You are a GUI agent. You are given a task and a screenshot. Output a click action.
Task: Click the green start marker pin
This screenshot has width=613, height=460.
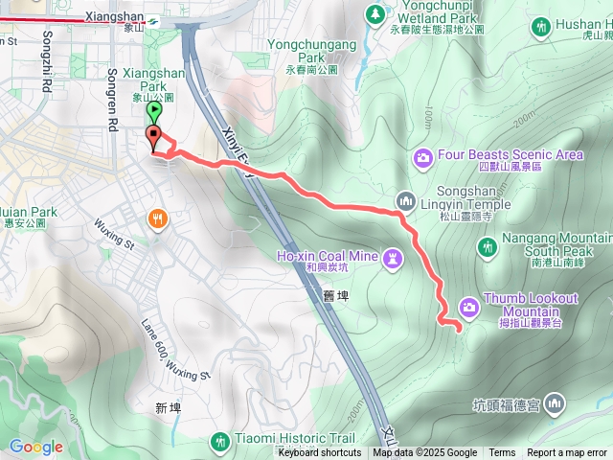[x=155, y=112]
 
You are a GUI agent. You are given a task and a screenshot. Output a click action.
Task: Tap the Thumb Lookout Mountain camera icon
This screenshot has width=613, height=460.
[x=469, y=306]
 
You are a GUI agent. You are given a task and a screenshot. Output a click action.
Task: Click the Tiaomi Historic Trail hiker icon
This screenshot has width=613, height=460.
[x=220, y=441]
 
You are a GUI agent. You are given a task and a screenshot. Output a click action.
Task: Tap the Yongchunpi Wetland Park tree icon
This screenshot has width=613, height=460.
[x=375, y=14]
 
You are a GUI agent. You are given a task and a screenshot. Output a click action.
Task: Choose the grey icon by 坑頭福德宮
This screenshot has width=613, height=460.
[x=556, y=406]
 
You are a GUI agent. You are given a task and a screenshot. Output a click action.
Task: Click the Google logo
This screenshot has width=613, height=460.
[x=36, y=447]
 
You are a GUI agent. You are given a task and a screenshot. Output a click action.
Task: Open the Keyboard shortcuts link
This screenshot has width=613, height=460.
[x=320, y=453]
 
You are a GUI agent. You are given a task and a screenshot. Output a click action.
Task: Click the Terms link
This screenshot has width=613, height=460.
[x=502, y=453]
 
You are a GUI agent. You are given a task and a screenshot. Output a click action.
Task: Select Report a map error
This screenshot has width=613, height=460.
[x=567, y=453]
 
